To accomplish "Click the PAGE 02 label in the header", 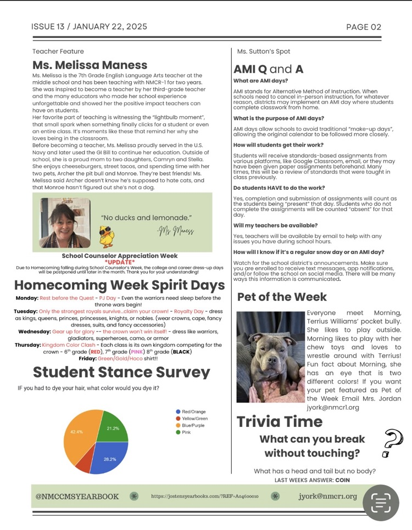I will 363,27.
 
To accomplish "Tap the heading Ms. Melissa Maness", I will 90,65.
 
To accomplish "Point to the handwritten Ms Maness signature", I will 175,230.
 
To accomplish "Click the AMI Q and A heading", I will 268,69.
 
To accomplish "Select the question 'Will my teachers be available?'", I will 275,225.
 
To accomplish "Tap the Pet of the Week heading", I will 282,297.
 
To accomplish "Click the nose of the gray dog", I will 270,362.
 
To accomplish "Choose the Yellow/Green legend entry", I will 194,419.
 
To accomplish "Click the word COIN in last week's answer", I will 341,480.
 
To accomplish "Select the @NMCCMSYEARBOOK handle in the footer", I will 77,497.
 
